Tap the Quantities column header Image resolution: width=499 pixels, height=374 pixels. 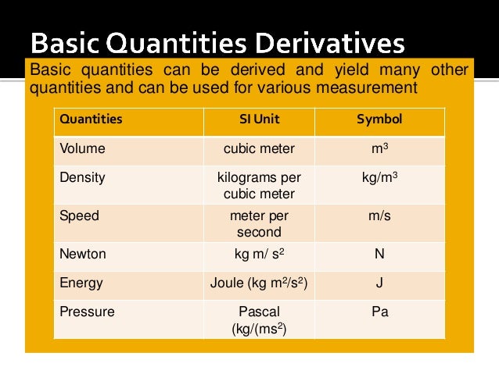tap(91, 120)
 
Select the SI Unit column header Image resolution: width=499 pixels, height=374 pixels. tap(259, 120)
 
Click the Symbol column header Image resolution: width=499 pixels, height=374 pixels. tap(379, 120)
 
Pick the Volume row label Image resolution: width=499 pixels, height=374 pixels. tap(82, 148)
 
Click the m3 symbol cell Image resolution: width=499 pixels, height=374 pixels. tap(379, 148)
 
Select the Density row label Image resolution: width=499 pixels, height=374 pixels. tap(82, 177)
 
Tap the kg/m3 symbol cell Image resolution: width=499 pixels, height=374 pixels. tap(379, 177)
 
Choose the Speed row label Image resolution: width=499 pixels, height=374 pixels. tap(80, 215)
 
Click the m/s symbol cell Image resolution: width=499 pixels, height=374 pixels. tap(379, 215)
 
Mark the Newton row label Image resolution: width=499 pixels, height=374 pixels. tap(83, 254)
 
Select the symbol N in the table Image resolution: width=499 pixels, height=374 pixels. tap(379, 254)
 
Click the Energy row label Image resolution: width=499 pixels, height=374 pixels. tap(81, 283)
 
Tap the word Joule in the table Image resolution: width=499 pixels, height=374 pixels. tap(228, 283)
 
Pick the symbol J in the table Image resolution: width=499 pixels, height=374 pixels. tap(379, 283)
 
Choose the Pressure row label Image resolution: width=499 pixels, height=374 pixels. tap(87, 312)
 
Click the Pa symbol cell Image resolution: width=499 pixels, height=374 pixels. tap(379, 312)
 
